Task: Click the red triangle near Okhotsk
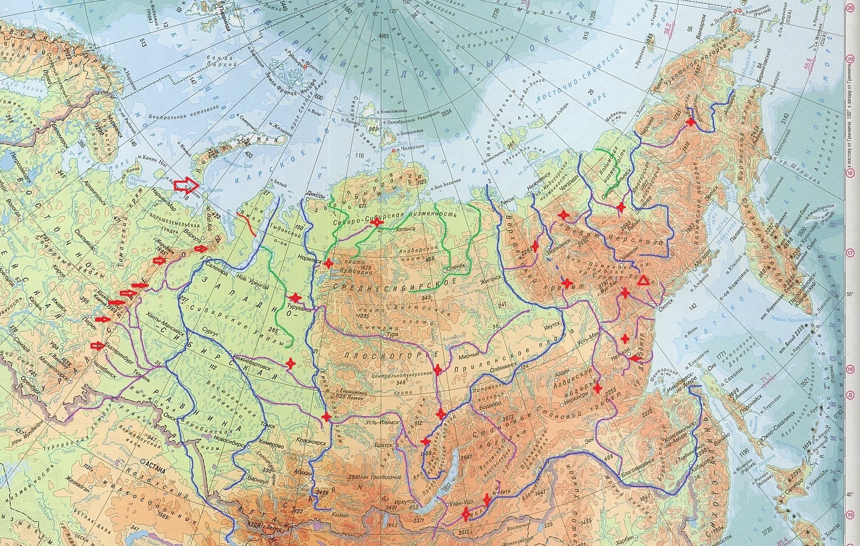point(643,281)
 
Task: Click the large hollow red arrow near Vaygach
point(187,184)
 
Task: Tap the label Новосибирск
point(230,444)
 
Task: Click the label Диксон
point(315,193)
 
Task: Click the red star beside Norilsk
point(328,263)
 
